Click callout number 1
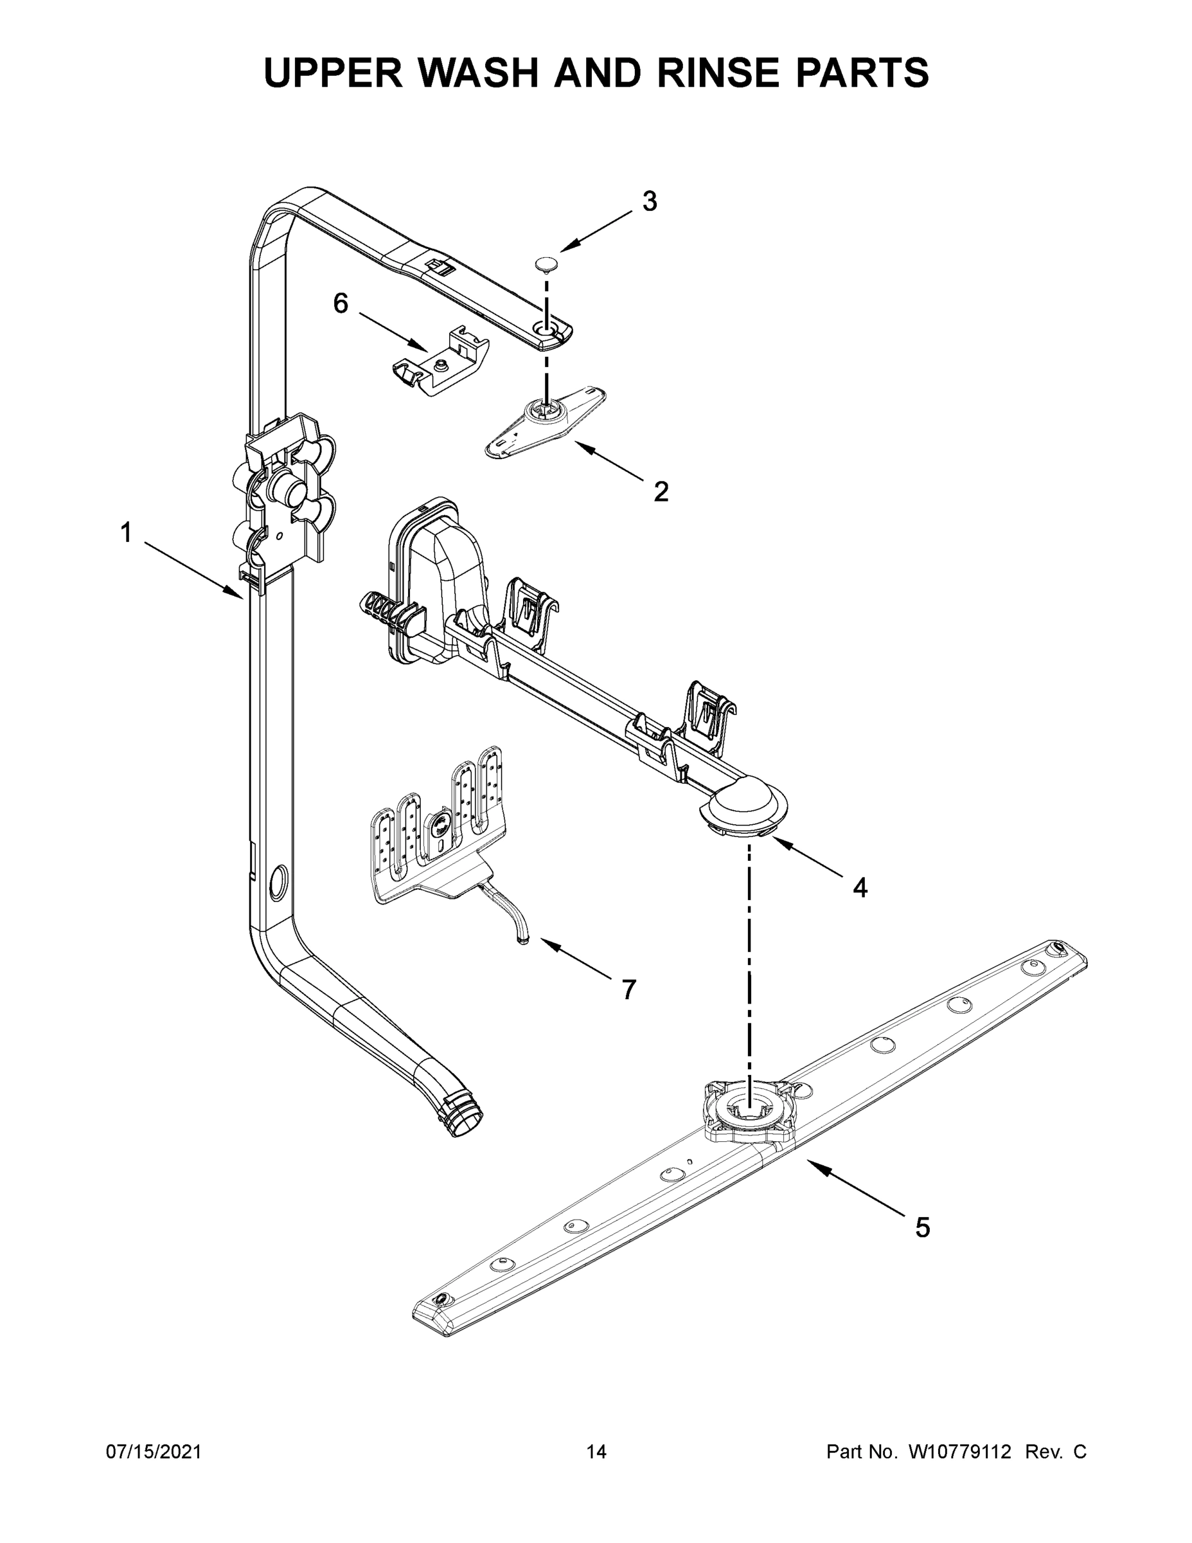(x=126, y=533)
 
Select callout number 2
(x=661, y=491)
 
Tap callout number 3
(x=649, y=201)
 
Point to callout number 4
(x=859, y=887)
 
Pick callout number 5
(x=922, y=1227)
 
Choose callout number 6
(x=341, y=304)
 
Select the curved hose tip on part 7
(x=522, y=938)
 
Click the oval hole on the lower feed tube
(x=278, y=883)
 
